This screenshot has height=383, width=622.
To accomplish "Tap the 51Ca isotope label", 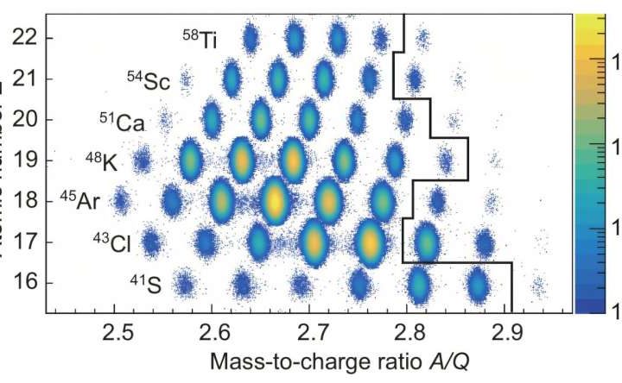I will click(x=122, y=122).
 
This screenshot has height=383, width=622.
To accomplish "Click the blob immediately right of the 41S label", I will click(x=183, y=284).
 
